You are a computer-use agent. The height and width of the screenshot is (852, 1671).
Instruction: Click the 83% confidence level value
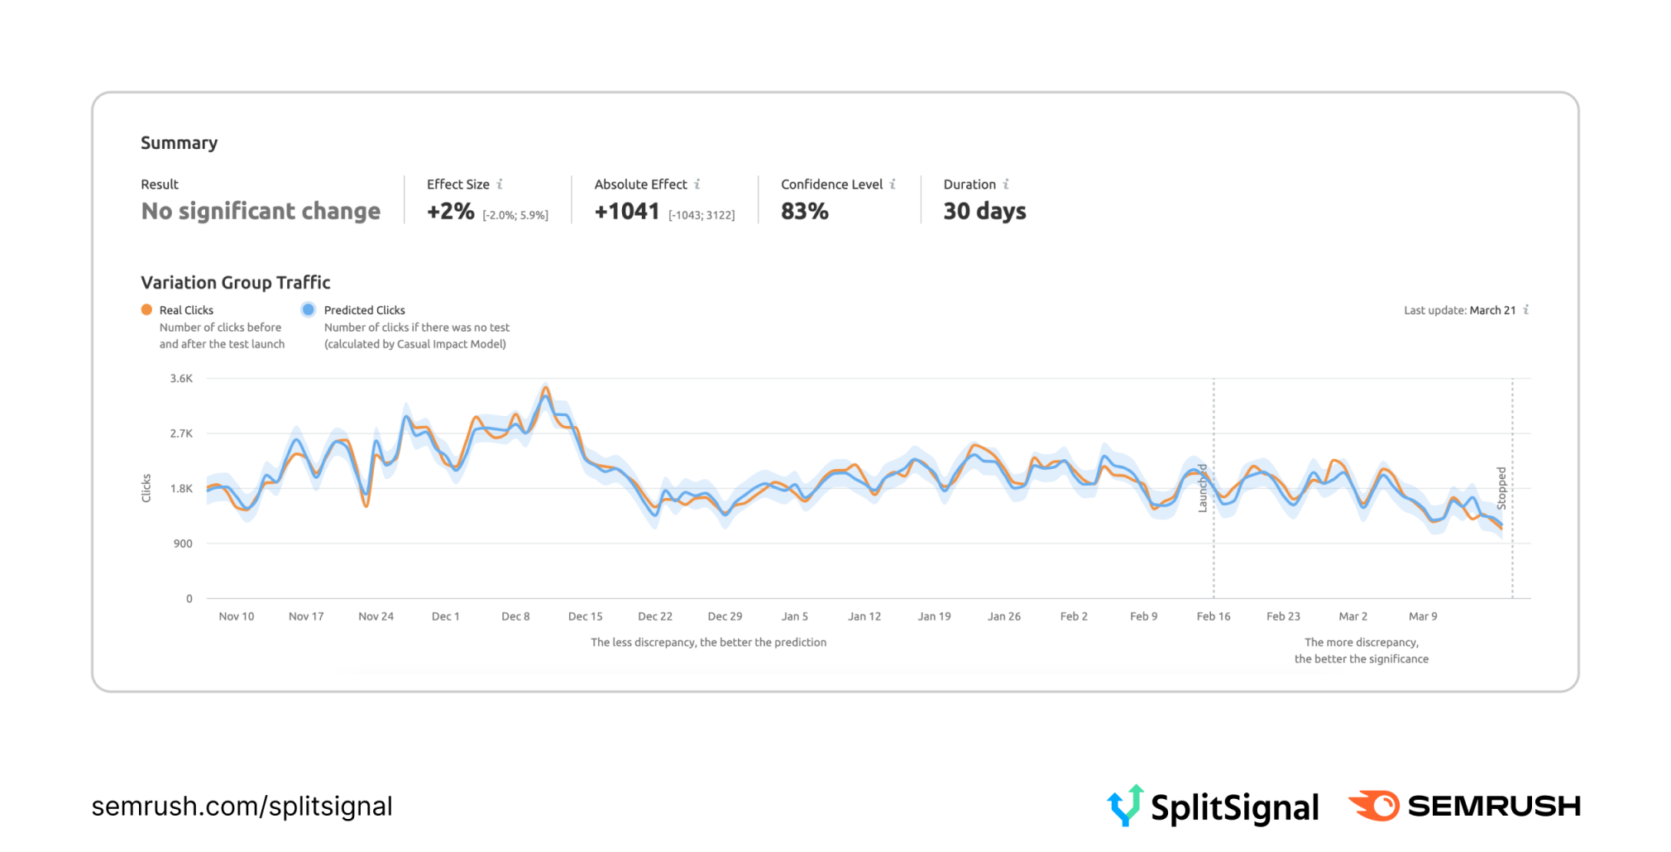[804, 212]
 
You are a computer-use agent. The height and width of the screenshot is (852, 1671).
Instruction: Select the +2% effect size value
[451, 212]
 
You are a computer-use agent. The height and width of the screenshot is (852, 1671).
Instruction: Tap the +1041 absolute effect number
[627, 212]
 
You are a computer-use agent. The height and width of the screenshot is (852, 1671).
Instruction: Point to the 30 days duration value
[984, 212]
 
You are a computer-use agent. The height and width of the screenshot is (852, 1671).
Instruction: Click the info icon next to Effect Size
[500, 184]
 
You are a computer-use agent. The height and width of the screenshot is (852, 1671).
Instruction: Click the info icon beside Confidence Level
[893, 184]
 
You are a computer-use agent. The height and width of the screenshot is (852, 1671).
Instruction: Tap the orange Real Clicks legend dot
[146, 309]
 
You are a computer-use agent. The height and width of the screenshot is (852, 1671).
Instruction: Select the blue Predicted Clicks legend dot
[309, 309]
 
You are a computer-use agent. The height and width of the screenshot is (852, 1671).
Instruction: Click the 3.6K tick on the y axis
[181, 378]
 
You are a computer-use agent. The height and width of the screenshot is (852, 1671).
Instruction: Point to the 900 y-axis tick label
[183, 543]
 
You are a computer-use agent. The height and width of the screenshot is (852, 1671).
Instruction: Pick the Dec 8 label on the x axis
[515, 616]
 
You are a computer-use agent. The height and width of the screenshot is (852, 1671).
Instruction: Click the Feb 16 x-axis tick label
[1213, 616]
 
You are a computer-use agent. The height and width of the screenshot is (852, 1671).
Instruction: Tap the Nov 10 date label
[237, 616]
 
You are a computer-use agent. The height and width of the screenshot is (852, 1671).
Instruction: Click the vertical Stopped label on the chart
[1501, 487]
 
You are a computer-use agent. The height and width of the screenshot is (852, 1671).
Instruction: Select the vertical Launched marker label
[1203, 488]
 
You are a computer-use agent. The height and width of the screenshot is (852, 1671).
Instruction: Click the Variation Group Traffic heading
[236, 283]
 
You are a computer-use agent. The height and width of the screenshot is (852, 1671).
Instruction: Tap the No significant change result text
[261, 212]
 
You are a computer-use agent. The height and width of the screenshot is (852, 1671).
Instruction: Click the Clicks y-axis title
[146, 488]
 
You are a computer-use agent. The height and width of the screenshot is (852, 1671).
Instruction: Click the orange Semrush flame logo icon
[1374, 805]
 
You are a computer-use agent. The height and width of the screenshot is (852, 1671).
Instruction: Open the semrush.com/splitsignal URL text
[242, 807]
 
